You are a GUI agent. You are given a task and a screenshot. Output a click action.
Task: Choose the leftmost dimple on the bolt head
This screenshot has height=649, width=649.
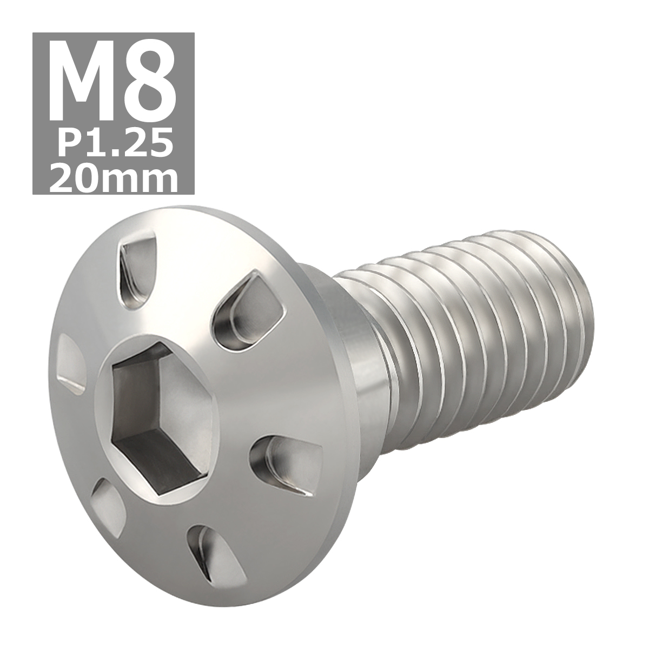(x=70, y=362)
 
